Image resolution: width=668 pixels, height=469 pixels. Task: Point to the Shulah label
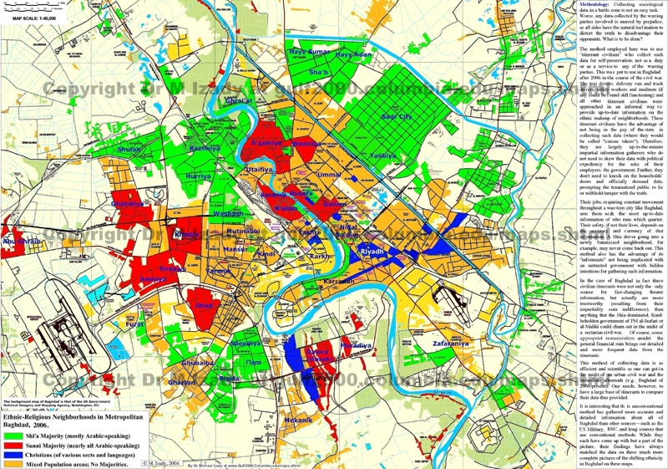click(130, 149)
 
